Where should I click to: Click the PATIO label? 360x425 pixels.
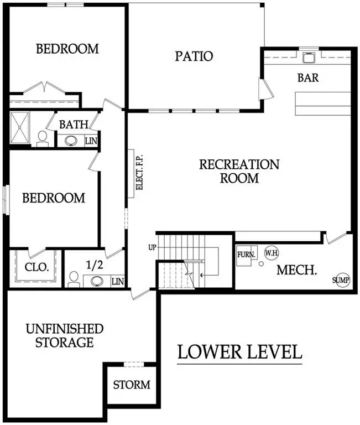point(194,56)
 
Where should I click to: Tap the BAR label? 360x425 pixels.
point(308,77)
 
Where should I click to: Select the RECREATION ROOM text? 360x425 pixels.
point(239,171)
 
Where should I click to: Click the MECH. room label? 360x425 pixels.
point(296,271)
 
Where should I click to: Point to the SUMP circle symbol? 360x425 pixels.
point(341,281)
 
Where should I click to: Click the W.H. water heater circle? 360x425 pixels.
point(270,253)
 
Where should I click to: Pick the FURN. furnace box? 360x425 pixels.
point(246,255)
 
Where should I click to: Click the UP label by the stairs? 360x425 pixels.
point(152,246)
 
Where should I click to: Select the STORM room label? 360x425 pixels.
point(131,384)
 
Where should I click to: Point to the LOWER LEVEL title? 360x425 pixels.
point(239,351)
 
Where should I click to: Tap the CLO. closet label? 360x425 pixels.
point(37,267)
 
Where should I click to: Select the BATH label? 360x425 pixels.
point(74,125)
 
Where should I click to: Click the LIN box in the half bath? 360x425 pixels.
point(117,281)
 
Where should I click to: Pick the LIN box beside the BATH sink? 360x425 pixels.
point(91,141)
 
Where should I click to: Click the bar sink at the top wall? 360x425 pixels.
point(309,56)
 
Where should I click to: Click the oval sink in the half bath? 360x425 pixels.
point(97,281)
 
